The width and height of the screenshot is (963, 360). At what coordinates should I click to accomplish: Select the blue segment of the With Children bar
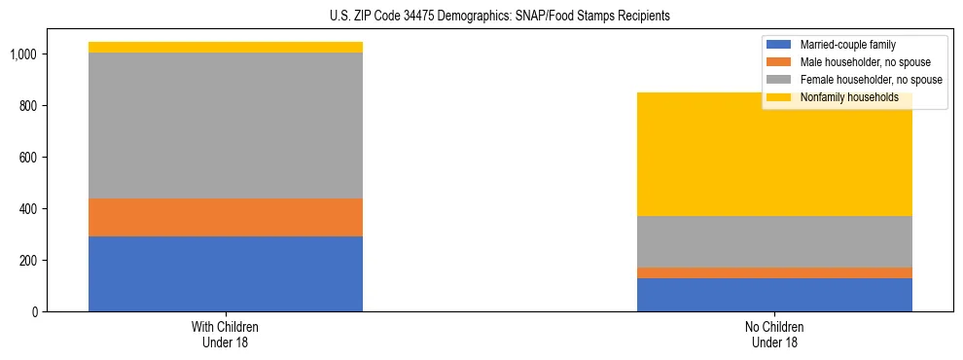226,273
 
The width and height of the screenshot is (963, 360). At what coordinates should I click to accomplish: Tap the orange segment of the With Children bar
226,217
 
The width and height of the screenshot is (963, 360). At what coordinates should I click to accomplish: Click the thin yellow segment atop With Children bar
226,47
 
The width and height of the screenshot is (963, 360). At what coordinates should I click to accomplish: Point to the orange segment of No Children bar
774,272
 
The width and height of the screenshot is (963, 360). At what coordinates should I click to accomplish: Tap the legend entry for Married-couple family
847,45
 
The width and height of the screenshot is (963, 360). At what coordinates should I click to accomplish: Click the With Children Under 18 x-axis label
226,335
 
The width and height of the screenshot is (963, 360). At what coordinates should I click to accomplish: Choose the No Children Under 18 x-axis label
774,335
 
